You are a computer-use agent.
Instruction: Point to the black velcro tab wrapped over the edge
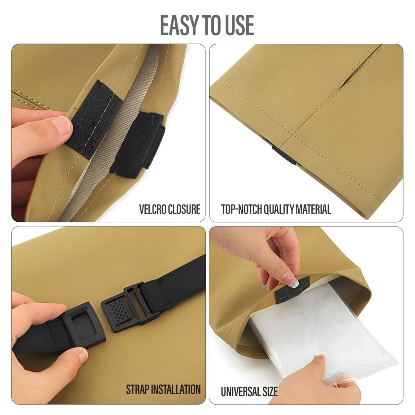tap(138, 144)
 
